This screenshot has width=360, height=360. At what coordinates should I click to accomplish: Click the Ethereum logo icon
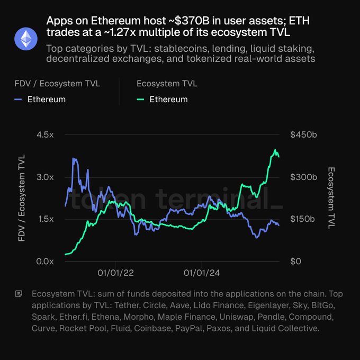(x=25, y=39)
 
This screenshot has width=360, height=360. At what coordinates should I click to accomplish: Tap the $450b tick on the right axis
(x=303, y=135)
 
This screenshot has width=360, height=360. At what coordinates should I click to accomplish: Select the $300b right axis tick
(x=303, y=177)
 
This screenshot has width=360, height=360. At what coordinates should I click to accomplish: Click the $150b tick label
(x=303, y=219)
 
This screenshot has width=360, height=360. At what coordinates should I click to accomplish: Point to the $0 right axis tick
(x=296, y=262)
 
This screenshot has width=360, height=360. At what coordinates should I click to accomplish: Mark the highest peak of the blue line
(x=74, y=158)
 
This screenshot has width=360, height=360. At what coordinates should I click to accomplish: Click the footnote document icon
(x=20, y=293)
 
